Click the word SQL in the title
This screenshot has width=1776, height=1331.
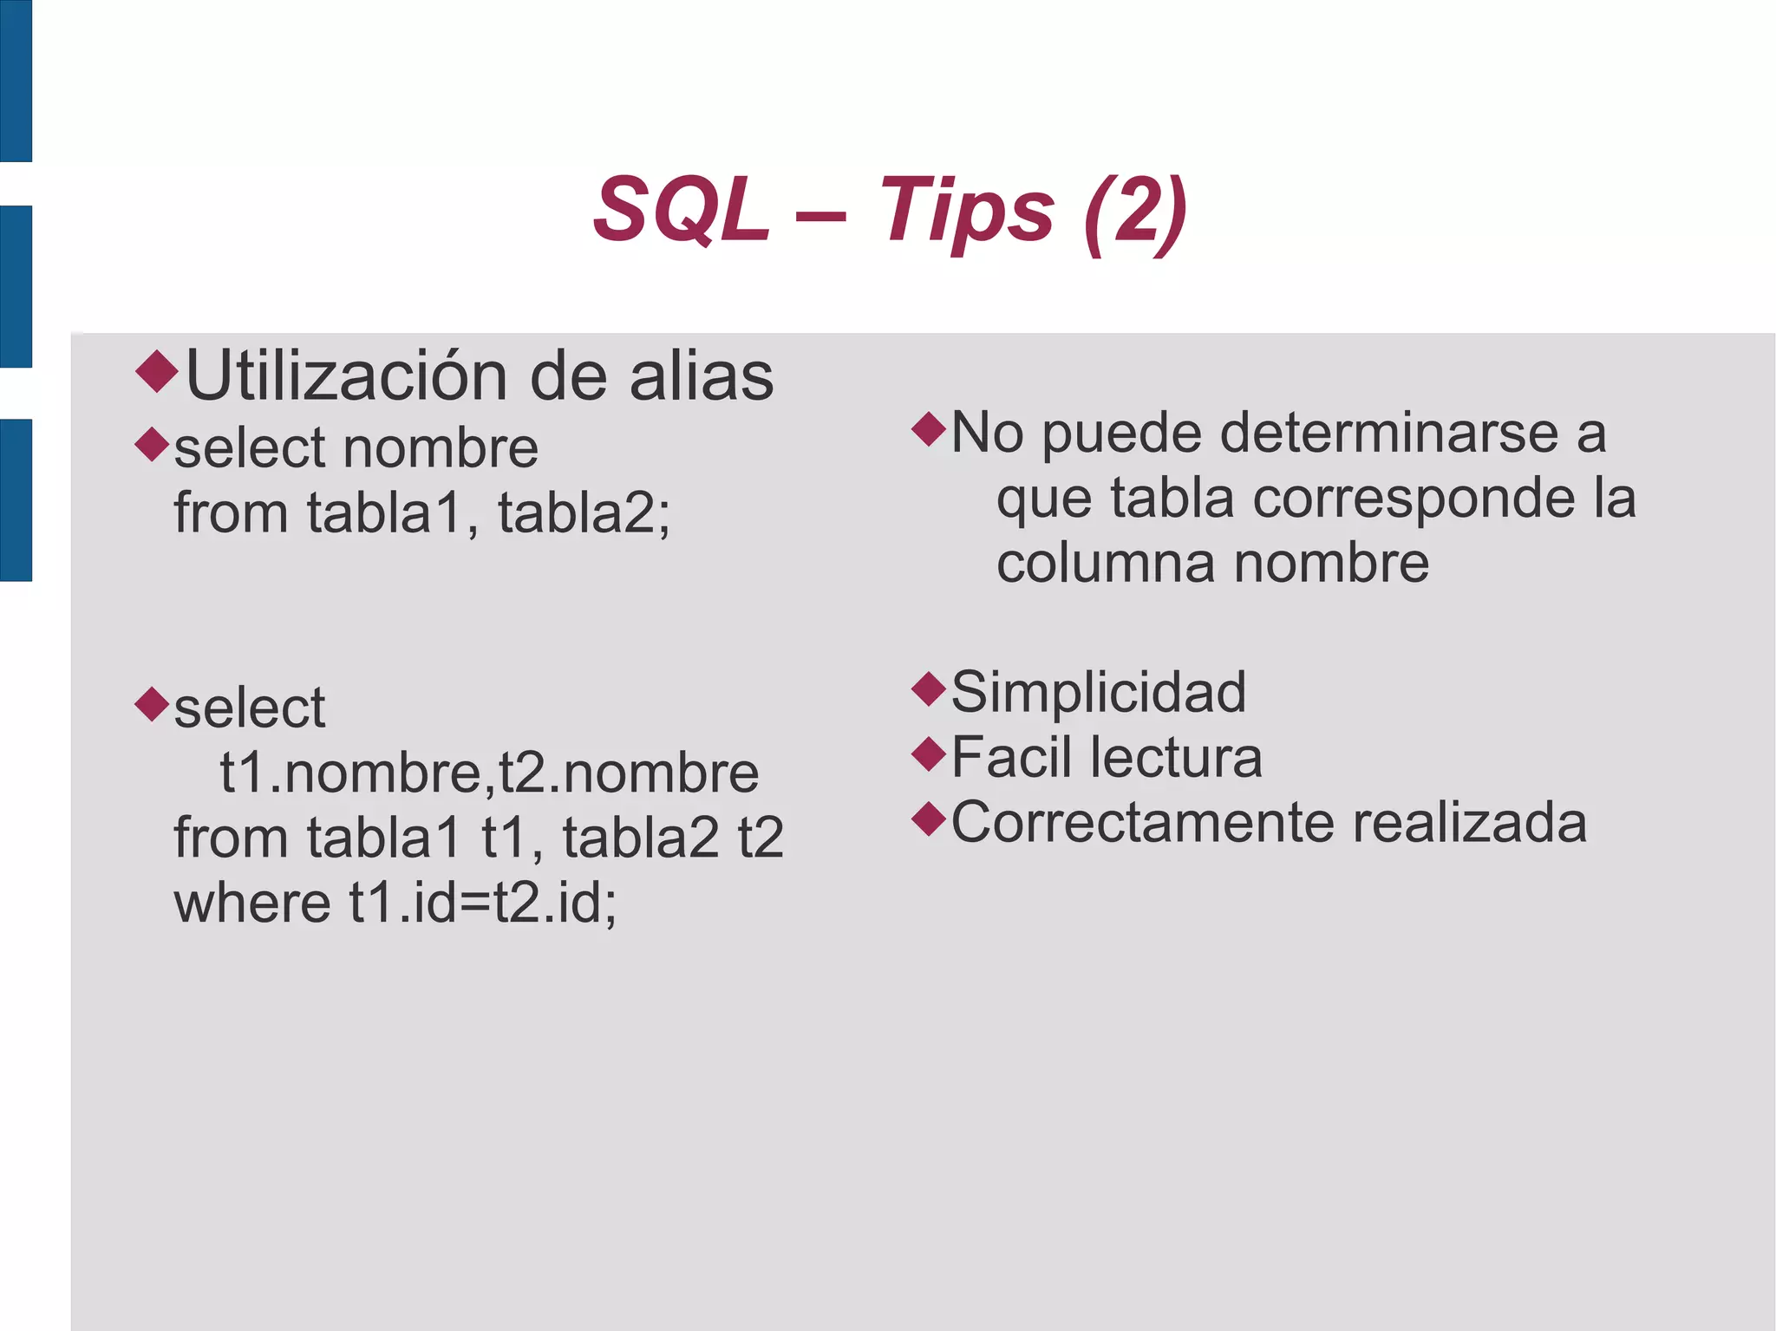[682, 210]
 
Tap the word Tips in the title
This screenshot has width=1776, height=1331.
[967, 210]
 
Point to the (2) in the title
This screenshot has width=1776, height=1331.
[1135, 212]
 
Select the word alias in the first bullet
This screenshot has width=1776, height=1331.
[701, 376]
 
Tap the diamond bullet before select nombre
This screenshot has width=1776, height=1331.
[153, 444]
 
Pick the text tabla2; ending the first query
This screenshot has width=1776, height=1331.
[584, 512]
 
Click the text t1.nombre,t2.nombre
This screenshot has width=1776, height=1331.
[489, 773]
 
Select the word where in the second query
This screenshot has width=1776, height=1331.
[252, 903]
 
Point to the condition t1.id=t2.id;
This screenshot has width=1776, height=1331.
[483, 903]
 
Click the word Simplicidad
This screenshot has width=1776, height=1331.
[1099, 692]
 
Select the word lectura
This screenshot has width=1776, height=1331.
[1176, 757]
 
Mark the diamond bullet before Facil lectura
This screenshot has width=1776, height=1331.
[929, 754]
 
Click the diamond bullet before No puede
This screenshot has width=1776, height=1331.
[929, 428]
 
